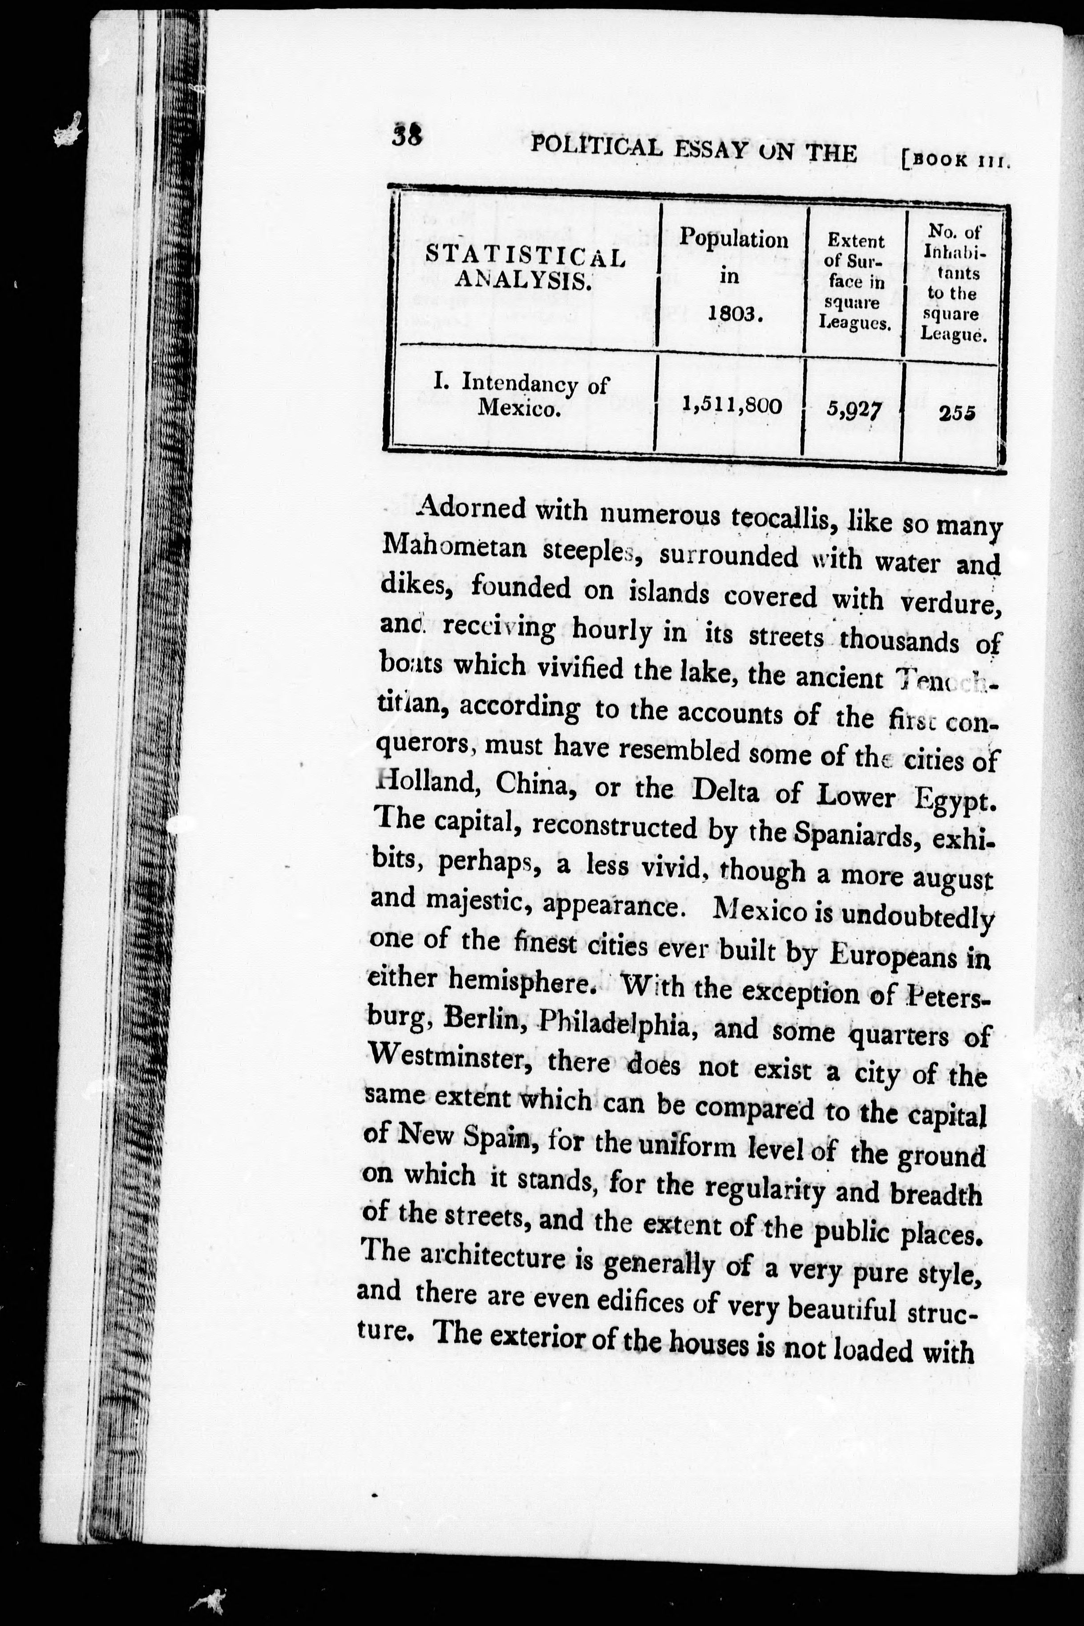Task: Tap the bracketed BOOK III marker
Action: [957, 162]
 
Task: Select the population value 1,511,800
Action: [732, 404]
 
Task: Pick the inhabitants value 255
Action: [956, 413]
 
